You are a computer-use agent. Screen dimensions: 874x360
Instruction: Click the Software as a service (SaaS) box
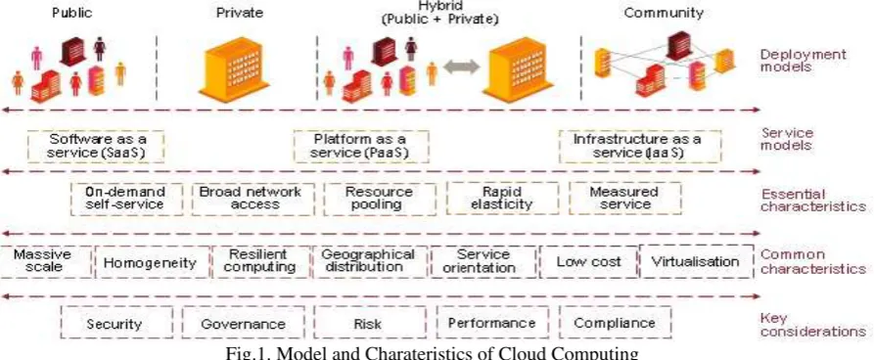point(96,147)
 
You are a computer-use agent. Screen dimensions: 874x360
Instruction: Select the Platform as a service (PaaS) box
point(361,147)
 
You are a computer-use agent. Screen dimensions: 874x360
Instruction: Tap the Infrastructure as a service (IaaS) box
point(640,147)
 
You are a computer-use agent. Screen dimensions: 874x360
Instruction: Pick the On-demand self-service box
point(126,199)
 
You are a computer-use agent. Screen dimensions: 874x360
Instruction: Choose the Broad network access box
point(253,199)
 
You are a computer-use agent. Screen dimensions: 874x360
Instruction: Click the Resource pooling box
point(380,199)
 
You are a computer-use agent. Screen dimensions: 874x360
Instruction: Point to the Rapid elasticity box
point(502,199)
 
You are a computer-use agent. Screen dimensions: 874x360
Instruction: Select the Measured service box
point(624,199)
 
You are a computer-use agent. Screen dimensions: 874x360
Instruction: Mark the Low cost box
point(588,262)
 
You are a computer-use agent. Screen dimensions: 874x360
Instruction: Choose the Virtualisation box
point(696,262)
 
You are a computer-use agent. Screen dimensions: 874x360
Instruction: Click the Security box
point(115,322)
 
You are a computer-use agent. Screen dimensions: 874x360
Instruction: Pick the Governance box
point(243,322)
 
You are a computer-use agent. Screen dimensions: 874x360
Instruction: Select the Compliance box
point(615,322)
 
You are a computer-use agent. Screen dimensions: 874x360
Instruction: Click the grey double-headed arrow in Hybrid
point(461,67)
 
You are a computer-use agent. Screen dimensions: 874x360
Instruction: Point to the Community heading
point(664,13)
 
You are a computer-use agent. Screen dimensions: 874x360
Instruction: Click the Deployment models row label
point(804,62)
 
